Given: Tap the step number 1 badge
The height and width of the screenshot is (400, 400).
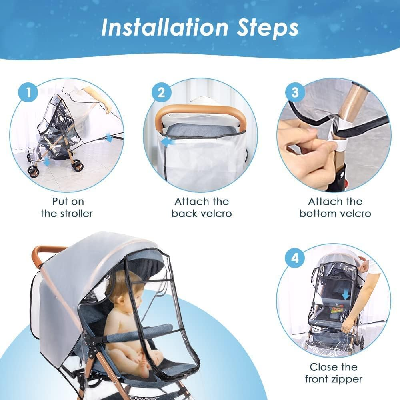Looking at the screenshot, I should pos(28,93).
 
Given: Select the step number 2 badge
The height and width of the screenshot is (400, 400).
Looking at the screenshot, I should pos(161,93).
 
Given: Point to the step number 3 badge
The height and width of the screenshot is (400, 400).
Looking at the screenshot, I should pos(295,93).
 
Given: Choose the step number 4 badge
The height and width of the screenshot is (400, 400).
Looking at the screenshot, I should pos(295,258).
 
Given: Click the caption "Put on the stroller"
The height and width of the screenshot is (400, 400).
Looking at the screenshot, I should pos(66,207).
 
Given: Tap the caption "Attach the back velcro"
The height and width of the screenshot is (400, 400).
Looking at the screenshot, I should pos(201,207).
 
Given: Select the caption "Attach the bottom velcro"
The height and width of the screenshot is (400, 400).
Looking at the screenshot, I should pos(335,207).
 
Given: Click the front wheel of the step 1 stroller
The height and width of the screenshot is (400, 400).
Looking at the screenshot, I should pos(34,171).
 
